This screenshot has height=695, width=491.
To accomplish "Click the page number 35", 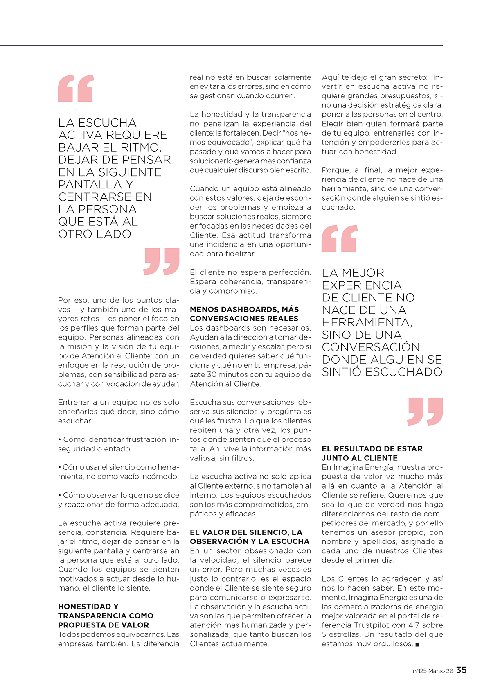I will [461, 670].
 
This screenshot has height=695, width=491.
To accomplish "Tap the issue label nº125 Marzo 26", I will [432, 671].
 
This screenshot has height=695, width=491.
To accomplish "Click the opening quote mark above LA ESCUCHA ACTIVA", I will [76, 88].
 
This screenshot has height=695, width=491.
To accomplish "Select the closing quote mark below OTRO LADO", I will [162, 261].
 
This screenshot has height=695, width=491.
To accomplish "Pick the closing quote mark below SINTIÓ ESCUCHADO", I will [425, 412].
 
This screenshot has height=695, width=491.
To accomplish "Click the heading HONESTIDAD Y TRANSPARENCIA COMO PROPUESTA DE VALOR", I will [106, 616].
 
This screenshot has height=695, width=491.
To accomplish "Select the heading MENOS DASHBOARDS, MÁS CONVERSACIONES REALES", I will [244, 314].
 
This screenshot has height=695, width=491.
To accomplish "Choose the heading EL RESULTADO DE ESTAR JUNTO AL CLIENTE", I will [372, 453].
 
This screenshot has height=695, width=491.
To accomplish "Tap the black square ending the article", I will [417, 645].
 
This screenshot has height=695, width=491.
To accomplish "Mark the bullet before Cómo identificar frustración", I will [60, 439].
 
